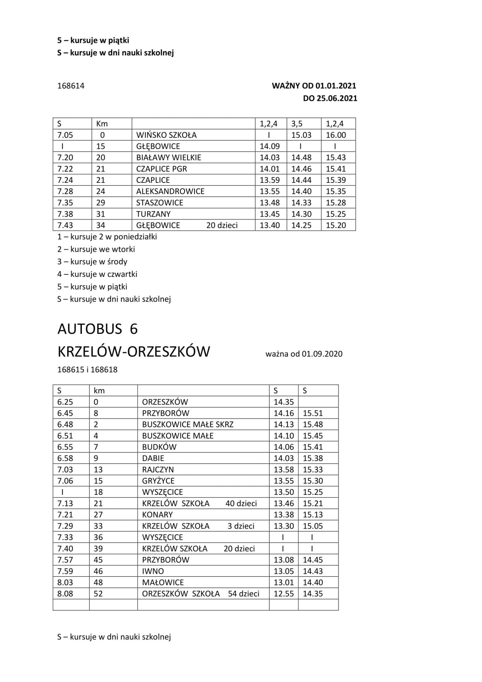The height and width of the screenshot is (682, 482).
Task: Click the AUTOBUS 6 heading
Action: [98, 329]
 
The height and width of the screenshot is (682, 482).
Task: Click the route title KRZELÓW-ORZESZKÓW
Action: [134, 352]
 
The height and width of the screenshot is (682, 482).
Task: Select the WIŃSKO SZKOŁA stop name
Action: [166, 135]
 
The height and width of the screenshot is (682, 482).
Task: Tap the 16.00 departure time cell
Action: [336, 135]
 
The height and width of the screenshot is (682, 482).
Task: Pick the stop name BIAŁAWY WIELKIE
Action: [168, 158]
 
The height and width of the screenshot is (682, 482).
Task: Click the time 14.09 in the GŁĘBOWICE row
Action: [270, 146]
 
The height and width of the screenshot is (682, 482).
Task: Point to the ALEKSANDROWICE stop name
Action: [170, 191]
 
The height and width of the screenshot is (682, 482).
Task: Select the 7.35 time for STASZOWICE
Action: [65, 203]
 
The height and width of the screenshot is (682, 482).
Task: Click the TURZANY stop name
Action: [153, 214]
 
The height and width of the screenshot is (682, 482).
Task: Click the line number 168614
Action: [71, 86]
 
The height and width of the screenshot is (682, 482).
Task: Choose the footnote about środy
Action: [92, 262]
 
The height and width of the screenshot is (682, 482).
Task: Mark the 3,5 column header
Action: [297, 124]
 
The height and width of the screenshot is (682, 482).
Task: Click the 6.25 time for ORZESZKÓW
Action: [65, 402]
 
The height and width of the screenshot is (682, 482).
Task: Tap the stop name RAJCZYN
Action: [158, 470]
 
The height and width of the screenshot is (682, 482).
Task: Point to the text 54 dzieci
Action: [244, 594]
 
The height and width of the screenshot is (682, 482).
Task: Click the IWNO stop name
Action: [153, 571]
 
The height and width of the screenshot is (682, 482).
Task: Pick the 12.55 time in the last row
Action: [284, 594]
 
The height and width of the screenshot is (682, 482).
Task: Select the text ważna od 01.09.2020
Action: [304, 354]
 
